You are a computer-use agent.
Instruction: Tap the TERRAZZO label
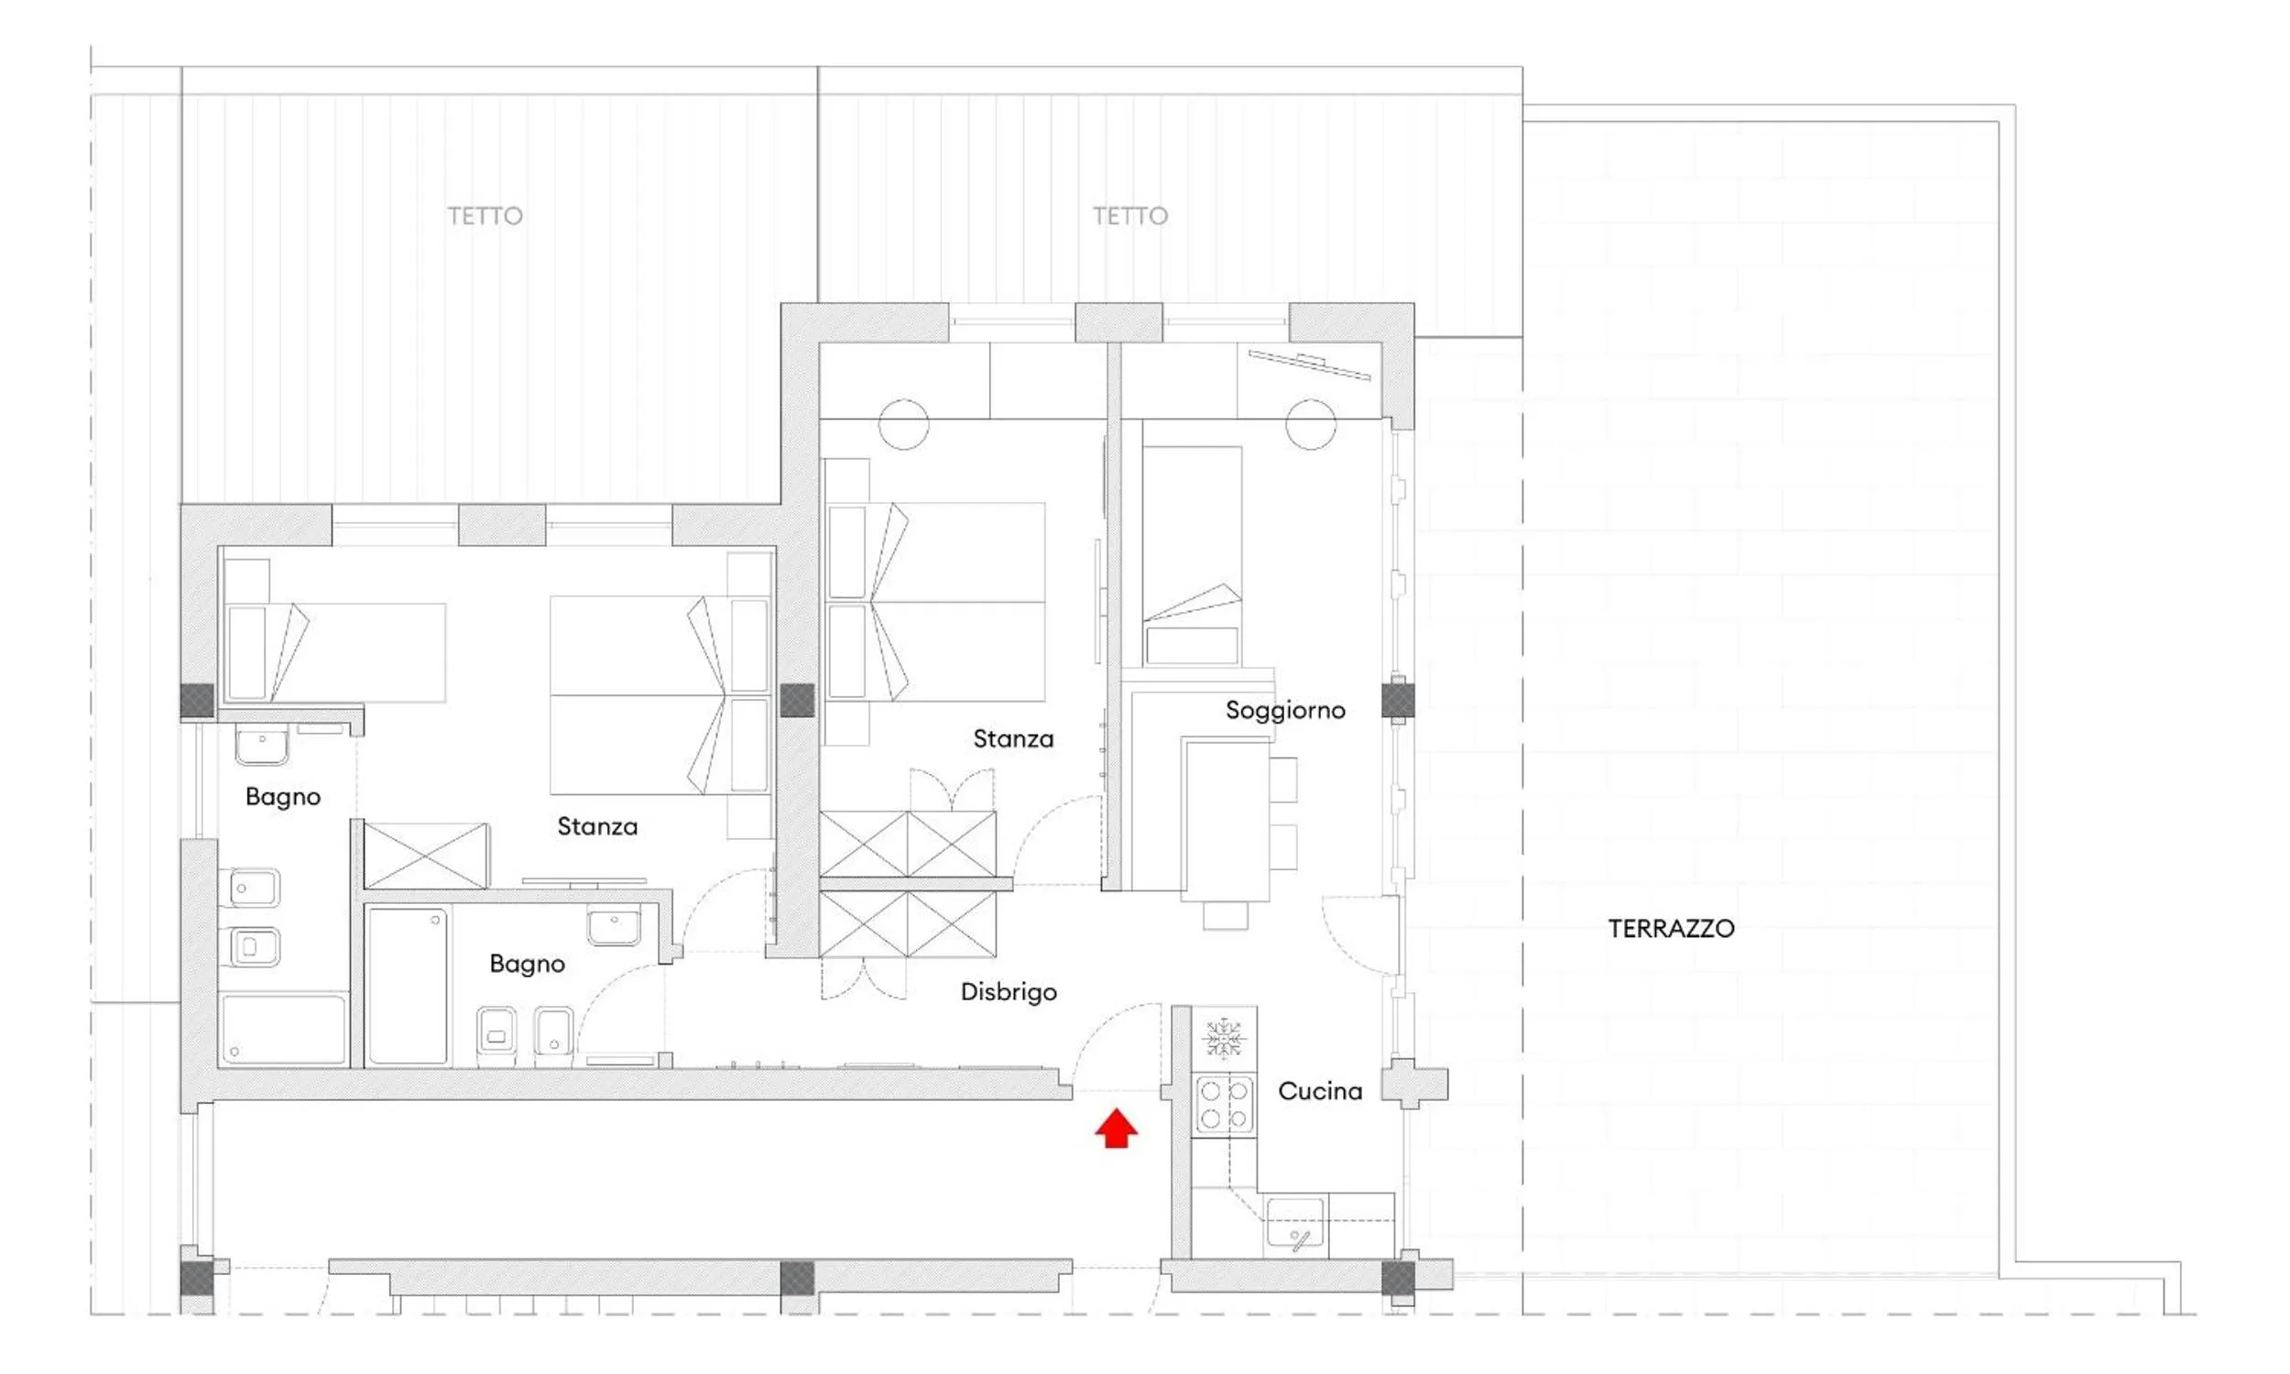tap(1671, 929)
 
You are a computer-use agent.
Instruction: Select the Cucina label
tap(1320, 1091)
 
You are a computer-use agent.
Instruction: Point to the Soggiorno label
tap(1285, 710)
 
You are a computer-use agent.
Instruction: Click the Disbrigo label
tap(1008, 992)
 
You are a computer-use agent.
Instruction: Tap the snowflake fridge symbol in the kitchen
tap(1223, 1038)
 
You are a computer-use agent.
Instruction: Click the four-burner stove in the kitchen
tap(1224, 1104)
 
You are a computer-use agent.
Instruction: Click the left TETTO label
tap(485, 216)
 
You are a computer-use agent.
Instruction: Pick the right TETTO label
tap(1130, 216)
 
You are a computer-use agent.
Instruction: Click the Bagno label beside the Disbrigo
tap(527, 964)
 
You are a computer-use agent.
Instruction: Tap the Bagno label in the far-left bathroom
tap(283, 796)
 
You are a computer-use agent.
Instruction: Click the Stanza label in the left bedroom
tap(597, 826)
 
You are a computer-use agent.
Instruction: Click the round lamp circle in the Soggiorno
tap(1311, 425)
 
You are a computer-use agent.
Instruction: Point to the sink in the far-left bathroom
tap(262, 746)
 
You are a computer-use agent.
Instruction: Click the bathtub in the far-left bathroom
tap(283, 1029)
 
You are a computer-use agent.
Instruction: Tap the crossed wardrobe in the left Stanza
tap(426, 856)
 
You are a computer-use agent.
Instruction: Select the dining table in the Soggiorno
tap(1226, 820)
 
